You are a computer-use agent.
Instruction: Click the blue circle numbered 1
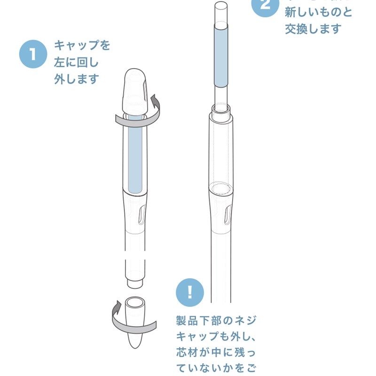[x=33, y=54]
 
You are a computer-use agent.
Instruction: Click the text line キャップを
[x=82, y=46]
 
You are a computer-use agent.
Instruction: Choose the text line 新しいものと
[x=318, y=12]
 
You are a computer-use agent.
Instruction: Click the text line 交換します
[x=313, y=29]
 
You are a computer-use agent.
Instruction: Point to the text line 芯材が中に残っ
[x=216, y=352]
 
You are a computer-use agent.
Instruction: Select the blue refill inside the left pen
[x=135, y=155]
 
